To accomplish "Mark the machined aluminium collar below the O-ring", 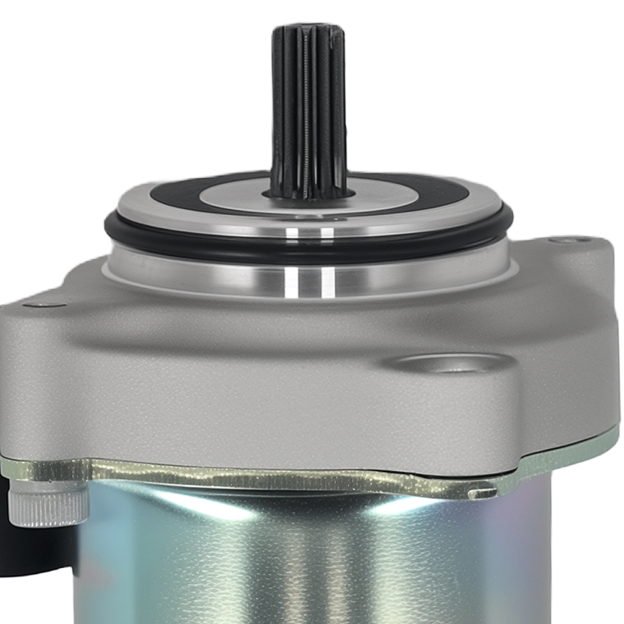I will tap(187, 268).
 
